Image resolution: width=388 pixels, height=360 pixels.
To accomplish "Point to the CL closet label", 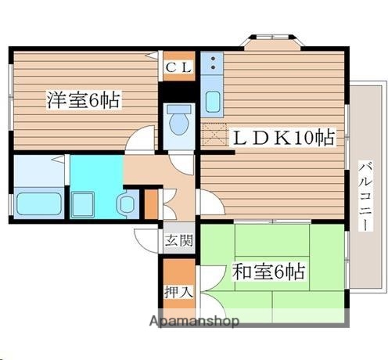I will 178,67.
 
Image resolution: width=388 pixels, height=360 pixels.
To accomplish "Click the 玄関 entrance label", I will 178,240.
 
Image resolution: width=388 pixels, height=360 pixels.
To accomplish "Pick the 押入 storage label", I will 178,292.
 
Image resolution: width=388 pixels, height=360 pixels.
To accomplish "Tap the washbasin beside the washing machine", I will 128,203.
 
